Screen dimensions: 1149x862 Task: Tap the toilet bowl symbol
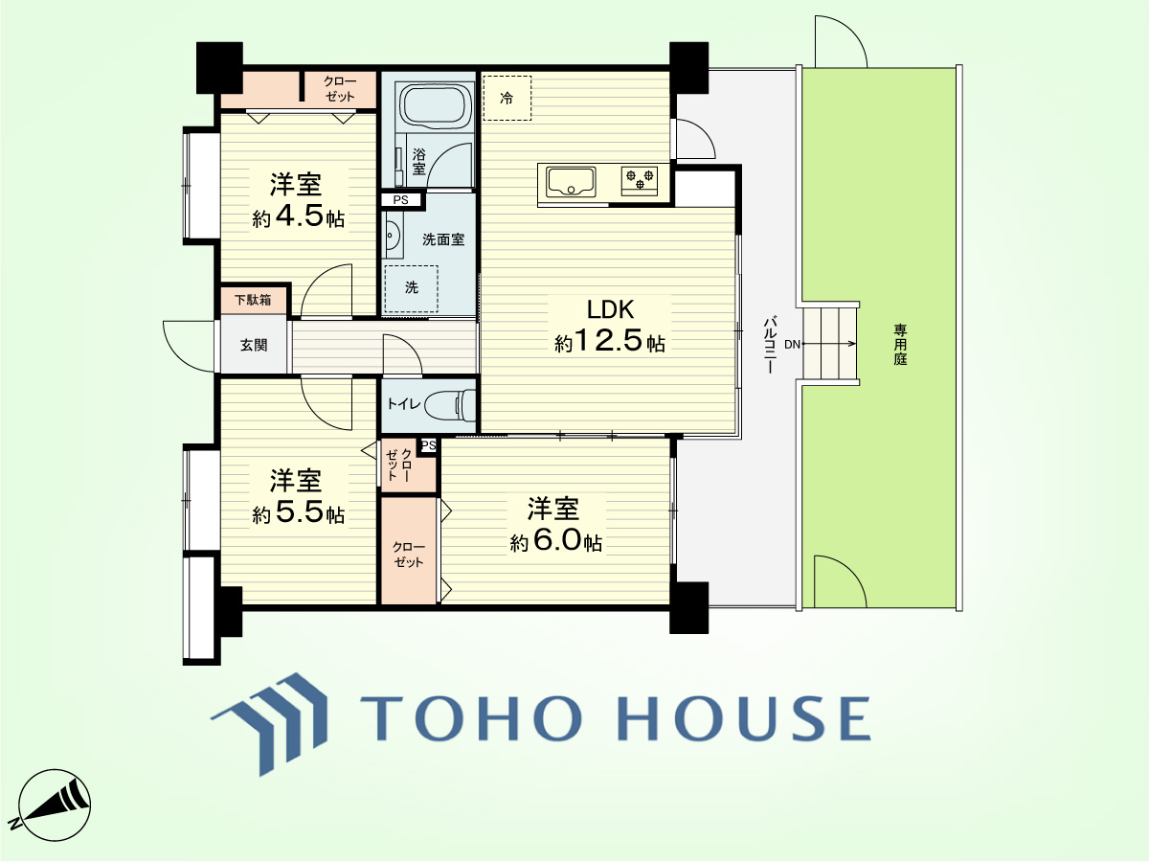tap(450, 405)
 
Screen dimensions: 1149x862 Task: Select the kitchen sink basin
tap(571, 181)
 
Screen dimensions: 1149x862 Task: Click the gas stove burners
tap(640, 178)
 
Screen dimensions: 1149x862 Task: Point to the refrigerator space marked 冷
tap(507, 99)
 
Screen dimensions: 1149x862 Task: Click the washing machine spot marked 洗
tap(412, 289)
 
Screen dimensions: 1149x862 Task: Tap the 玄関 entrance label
tap(254, 346)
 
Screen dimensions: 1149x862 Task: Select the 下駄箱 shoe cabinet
tap(253, 300)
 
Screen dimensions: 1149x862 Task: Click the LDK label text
tap(610, 309)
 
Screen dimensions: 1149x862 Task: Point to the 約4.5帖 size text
tap(299, 216)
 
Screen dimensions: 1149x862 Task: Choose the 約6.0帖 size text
tap(556, 542)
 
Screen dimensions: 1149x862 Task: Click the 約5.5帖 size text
tap(299, 512)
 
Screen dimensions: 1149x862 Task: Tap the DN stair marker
tap(792, 345)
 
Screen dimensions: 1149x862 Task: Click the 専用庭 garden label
tap(900, 345)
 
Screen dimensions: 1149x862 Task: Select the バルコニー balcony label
tap(770, 344)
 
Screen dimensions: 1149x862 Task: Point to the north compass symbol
tap(55, 805)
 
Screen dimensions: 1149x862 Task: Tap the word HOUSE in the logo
tap(744, 718)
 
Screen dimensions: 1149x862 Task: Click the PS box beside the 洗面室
tap(401, 200)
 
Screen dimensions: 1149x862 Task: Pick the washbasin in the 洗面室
tap(394, 235)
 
